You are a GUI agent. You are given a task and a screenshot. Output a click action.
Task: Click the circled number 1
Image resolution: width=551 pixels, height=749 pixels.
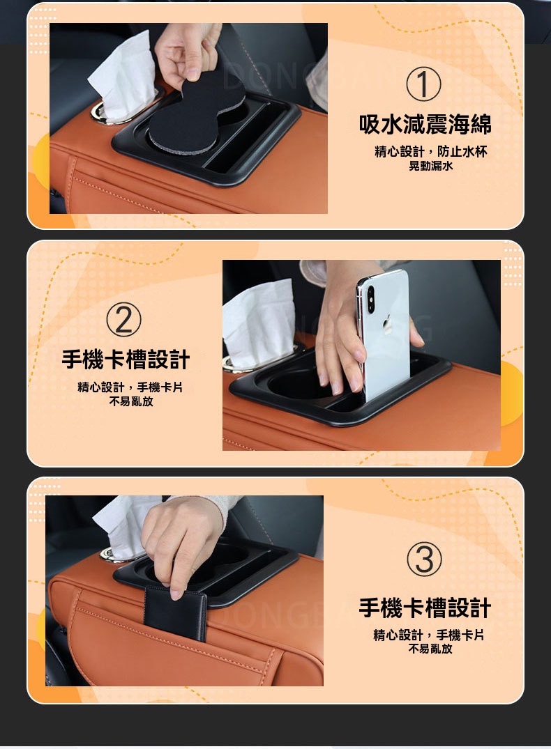tap(423, 84)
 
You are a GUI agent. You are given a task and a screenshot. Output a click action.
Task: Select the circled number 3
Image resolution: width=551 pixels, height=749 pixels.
tap(424, 559)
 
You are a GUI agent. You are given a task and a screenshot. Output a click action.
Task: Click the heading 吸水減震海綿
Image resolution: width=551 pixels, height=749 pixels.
tap(425, 124)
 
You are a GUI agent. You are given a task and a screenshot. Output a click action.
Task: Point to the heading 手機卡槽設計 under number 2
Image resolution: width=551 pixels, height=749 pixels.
tap(126, 360)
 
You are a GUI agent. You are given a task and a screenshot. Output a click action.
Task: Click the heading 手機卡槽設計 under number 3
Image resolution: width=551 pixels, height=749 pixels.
tap(425, 608)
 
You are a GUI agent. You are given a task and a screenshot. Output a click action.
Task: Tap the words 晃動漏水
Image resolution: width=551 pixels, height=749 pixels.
tap(430, 167)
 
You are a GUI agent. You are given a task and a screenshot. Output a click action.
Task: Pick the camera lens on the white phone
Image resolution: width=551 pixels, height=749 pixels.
tap(371, 293)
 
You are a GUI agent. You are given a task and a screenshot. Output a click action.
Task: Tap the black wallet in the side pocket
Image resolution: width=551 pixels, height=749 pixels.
tap(176, 613)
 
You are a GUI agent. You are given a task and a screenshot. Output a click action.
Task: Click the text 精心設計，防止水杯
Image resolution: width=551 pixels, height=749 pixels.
tap(430, 152)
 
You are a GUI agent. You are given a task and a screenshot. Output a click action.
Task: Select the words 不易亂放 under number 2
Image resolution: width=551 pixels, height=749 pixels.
tap(131, 401)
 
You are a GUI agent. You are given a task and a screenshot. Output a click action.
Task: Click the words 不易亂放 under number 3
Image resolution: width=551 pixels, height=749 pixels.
tap(430, 649)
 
